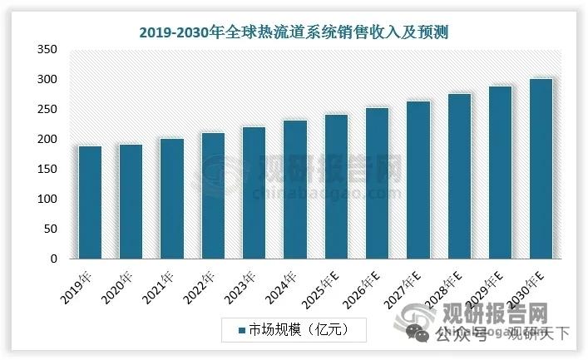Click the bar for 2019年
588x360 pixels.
(x=90, y=203)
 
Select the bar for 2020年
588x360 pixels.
(x=131, y=202)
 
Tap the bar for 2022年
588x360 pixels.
(x=213, y=196)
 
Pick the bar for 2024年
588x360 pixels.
(x=294, y=190)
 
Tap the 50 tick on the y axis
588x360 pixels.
(x=49, y=229)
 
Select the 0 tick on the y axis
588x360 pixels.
(x=52, y=259)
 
